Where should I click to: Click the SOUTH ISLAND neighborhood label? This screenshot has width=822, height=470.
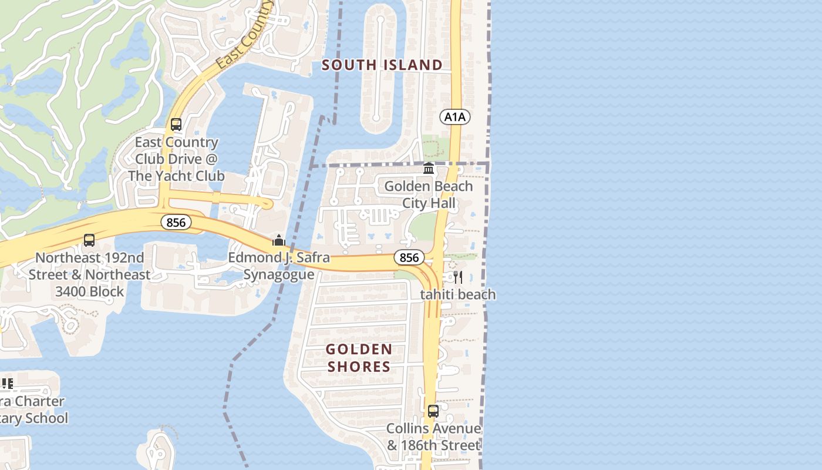tap(382, 65)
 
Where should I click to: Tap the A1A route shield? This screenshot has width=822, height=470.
tap(455, 117)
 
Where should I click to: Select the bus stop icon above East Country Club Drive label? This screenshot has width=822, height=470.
tap(176, 125)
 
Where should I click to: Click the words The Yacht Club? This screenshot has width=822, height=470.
tap(176, 176)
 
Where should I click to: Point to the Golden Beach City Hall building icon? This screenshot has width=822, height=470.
tap(429, 169)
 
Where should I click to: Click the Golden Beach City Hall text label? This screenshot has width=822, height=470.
tap(428, 194)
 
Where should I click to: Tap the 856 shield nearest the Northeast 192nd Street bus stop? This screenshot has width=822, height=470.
tap(176, 222)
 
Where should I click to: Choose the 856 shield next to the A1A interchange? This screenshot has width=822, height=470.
tap(409, 257)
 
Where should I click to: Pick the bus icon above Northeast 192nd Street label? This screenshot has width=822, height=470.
tap(89, 240)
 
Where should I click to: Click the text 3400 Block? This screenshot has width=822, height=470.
tap(90, 291)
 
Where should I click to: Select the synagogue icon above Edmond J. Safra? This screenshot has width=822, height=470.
tap(279, 240)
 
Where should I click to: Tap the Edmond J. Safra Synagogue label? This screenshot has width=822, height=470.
tap(279, 266)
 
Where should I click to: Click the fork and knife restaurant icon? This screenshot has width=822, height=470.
tap(458, 277)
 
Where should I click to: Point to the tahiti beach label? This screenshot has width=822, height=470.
tap(458, 294)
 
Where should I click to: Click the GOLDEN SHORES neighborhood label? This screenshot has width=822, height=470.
tap(359, 358)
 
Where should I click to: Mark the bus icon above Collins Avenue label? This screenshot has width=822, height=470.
tap(433, 411)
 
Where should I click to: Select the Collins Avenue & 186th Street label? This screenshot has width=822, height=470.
tap(433, 437)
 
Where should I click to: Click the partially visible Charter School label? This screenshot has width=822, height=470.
tap(32, 410)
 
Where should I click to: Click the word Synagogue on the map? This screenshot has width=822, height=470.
tap(279, 274)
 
